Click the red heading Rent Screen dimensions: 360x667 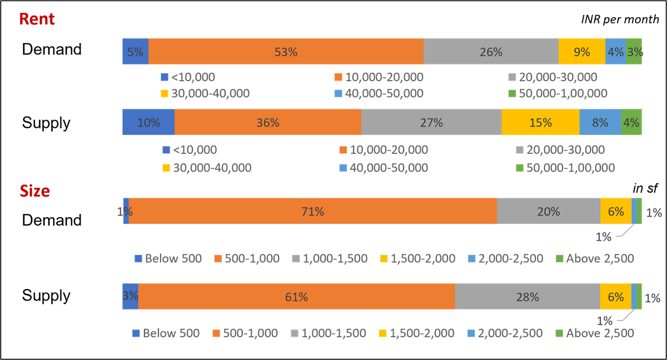pos(37,19)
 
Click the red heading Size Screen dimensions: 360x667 pos(34,191)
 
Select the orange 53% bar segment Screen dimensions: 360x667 pos(286,52)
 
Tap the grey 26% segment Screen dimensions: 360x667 pos(491,52)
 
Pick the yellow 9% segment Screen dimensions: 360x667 pos(581,52)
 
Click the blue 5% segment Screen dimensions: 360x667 pos(135,52)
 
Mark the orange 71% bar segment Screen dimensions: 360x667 pos(312,211)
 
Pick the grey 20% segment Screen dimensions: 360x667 pos(548,211)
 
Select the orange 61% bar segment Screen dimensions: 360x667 pos(296,297)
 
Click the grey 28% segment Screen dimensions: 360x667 pos(527,297)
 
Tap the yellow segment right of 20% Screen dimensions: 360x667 pos(616,211)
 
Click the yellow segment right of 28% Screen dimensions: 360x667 pos(615,297)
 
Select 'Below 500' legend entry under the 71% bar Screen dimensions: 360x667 pos(168,258)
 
